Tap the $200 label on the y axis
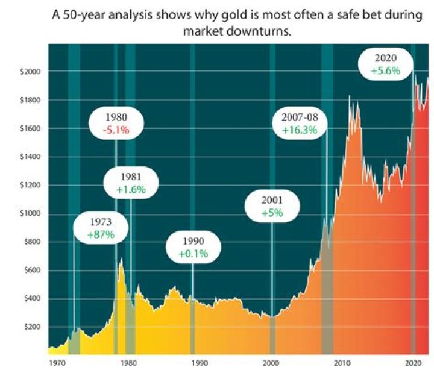click(x=30, y=327)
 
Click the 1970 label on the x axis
click(x=57, y=363)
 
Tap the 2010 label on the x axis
click(x=342, y=363)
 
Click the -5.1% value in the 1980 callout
click(x=116, y=130)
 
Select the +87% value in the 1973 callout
click(x=100, y=234)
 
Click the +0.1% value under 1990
click(x=193, y=254)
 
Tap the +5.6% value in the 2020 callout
click(x=385, y=71)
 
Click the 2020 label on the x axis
click(x=413, y=363)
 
